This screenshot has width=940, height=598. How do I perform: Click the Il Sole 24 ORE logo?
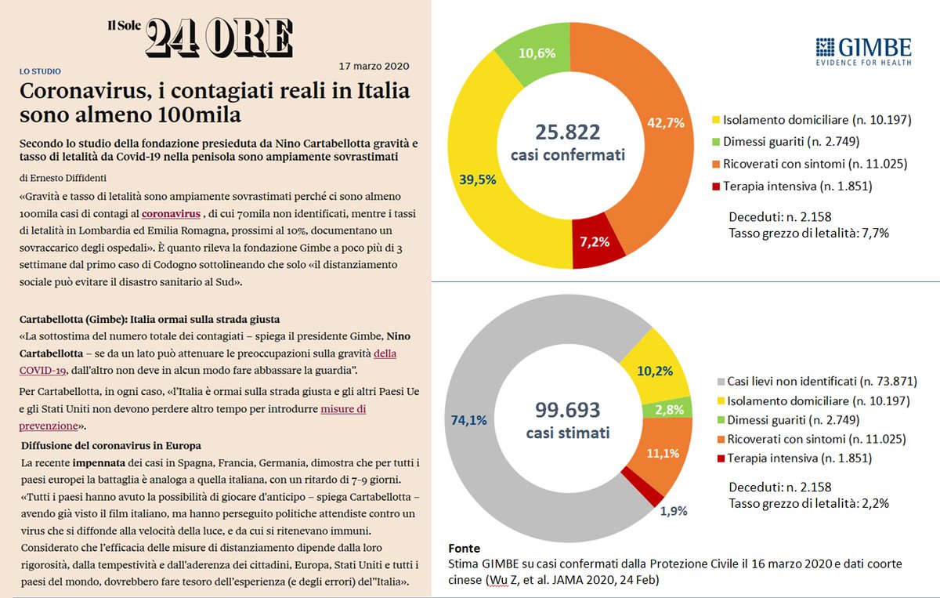point(200,36)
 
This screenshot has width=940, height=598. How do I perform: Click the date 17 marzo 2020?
point(374,66)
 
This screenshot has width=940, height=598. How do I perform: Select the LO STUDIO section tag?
point(40,71)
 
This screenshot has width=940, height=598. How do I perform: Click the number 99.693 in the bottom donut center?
point(567,409)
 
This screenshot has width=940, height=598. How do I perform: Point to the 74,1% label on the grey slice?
point(468,420)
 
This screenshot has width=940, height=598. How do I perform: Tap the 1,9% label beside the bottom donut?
point(673,510)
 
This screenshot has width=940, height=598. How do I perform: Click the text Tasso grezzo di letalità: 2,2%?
point(808,504)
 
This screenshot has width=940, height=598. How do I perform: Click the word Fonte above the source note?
point(465,548)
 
